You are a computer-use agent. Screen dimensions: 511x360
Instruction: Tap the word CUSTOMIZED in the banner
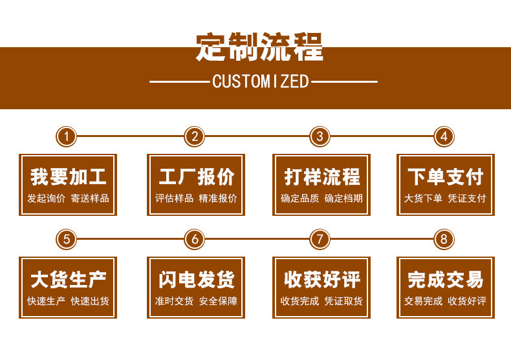click(261, 81)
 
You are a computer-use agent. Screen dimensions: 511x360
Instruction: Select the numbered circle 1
click(67, 136)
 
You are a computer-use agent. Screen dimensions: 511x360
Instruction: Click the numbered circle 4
click(444, 136)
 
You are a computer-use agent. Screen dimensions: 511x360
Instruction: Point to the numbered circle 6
click(194, 239)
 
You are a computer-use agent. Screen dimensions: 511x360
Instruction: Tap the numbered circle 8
click(444, 239)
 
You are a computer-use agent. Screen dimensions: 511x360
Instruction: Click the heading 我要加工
click(68, 176)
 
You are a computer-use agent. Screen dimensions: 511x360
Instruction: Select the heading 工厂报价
click(196, 176)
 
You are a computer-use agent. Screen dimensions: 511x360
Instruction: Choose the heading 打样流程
click(321, 176)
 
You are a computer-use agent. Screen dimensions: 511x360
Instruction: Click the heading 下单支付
click(445, 176)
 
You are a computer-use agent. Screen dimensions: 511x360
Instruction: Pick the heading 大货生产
click(68, 279)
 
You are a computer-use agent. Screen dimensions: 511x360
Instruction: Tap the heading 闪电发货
click(196, 279)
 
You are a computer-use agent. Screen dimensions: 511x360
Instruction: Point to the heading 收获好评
click(321, 279)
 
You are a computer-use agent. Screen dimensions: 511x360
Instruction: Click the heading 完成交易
click(445, 279)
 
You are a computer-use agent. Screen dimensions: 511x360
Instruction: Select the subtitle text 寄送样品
click(90, 198)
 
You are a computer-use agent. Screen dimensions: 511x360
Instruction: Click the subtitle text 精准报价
click(218, 198)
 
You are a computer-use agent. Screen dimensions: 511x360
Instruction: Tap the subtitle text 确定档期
click(343, 198)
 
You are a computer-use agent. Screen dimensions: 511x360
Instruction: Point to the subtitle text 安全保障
click(218, 301)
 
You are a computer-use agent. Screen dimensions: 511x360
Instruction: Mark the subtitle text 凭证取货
click(343, 301)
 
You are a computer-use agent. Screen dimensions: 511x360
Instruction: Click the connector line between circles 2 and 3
click(257, 136)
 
